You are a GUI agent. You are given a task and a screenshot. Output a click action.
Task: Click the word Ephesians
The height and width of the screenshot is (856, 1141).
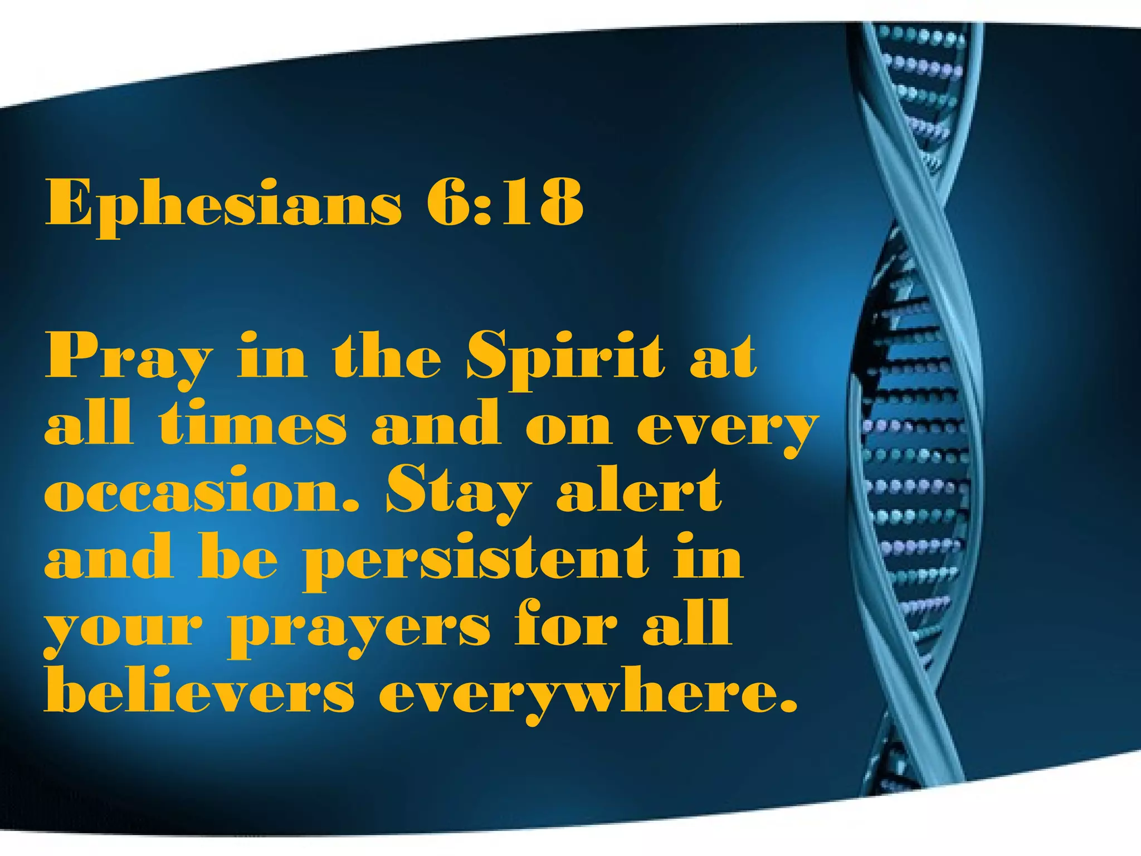click(223, 203)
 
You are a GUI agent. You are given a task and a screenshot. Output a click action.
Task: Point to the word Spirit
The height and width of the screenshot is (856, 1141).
click(566, 357)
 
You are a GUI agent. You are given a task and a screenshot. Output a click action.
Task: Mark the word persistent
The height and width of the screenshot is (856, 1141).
click(476, 560)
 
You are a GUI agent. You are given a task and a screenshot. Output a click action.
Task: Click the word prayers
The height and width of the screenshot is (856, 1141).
click(360, 630)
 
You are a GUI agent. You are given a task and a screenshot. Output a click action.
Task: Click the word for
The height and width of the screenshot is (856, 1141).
click(565, 624)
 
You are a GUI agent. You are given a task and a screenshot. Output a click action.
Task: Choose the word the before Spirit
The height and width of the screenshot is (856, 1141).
click(387, 357)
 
